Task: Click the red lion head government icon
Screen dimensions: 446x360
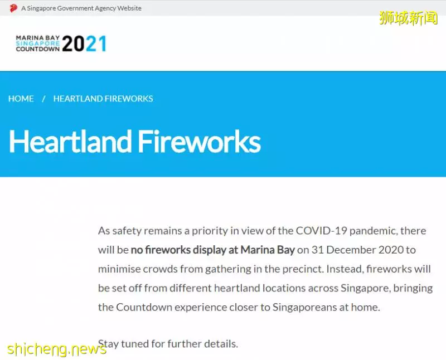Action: coord(13,8)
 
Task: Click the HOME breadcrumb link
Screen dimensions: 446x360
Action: coord(21,99)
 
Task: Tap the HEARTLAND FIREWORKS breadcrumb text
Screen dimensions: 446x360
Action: coord(103,99)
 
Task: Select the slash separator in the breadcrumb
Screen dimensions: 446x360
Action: coord(43,99)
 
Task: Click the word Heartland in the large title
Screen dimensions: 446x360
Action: coord(70,142)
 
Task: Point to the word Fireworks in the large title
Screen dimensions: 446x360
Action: coord(200,142)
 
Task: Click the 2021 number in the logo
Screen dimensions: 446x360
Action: coord(84,43)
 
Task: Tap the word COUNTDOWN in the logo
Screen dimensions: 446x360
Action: coord(38,49)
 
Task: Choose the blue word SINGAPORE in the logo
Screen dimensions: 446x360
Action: coord(38,43)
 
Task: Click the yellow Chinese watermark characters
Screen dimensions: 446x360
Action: coord(408,18)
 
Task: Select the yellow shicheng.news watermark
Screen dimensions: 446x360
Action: coord(57,349)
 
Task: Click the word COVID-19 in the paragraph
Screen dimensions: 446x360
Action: coord(321,231)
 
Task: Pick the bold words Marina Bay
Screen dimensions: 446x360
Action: coord(268,250)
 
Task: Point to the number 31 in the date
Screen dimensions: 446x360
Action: coord(318,250)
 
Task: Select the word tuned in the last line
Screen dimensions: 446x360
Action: coord(135,344)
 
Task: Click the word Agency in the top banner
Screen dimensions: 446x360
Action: coord(105,8)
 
